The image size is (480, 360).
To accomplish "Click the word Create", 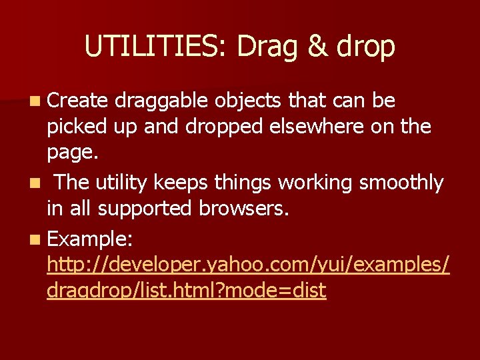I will tap(77, 101).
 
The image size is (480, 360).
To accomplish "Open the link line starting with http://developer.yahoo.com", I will tap(248, 265).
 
